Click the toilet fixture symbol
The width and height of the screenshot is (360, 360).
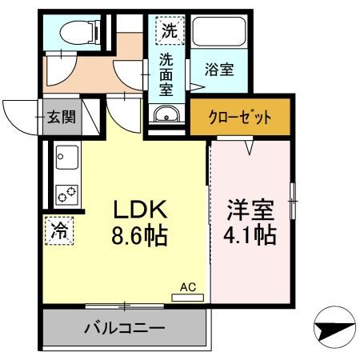(x=76, y=32)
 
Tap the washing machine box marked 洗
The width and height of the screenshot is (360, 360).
(x=169, y=33)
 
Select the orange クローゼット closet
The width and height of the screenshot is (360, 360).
(x=241, y=115)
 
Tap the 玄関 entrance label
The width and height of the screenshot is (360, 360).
(x=59, y=117)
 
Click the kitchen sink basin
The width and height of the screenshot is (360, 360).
(x=64, y=157)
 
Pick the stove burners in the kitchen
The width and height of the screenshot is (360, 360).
(x=65, y=193)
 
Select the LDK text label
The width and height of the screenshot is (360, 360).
(x=137, y=210)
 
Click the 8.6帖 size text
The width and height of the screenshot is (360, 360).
(x=137, y=237)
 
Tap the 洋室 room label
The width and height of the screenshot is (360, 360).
(x=250, y=210)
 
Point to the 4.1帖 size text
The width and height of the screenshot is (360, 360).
(x=250, y=237)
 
